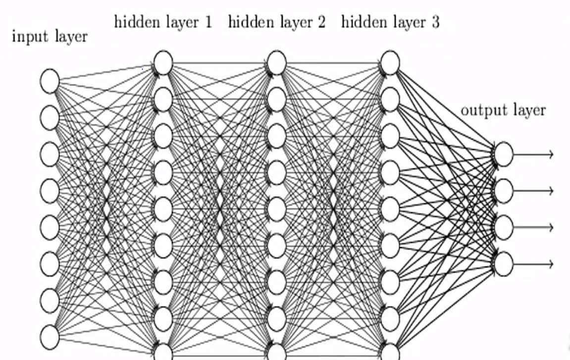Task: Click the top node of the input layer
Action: (x=50, y=81)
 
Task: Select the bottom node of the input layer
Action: (x=50, y=337)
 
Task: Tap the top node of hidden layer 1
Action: (x=163, y=63)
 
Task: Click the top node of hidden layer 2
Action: (x=276, y=63)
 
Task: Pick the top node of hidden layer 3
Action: (x=390, y=63)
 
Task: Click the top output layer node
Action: (x=503, y=154)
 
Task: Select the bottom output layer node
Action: (x=503, y=263)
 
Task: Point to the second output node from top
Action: (x=503, y=191)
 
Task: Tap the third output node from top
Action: (x=503, y=227)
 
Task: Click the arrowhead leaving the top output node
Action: (x=549, y=154)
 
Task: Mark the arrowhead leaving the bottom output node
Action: (x=549, y=263)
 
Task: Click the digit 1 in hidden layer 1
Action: (x=208, y=23)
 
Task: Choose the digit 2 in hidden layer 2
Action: (x=321, y=23)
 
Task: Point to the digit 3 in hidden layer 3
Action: (x=435, y=23)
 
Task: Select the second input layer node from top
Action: (x=50, y=117)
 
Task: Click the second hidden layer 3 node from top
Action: (x=390, y=99)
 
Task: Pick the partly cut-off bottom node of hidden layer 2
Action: (x=276, y=353)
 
